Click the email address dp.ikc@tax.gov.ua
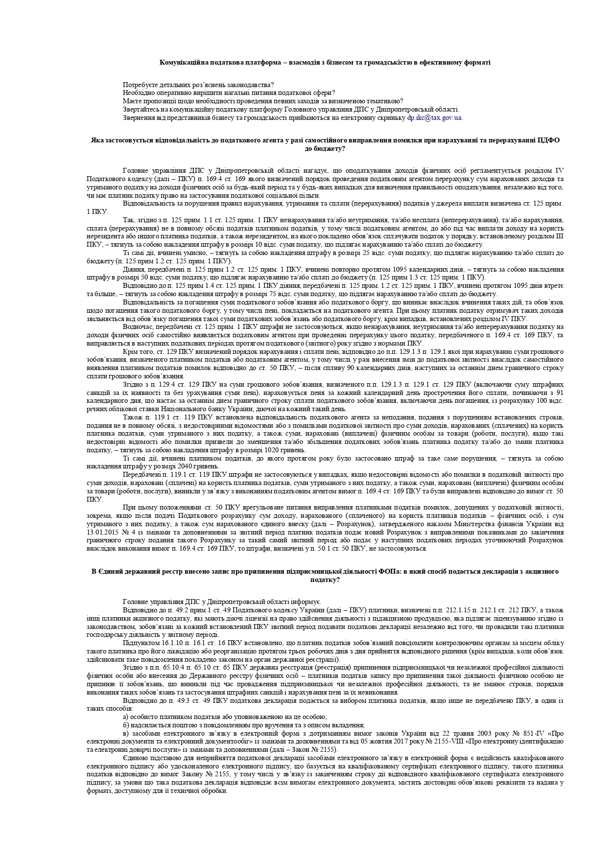(435, 118)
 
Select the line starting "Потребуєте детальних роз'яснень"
(198, 85)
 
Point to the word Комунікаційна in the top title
(183, 62)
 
